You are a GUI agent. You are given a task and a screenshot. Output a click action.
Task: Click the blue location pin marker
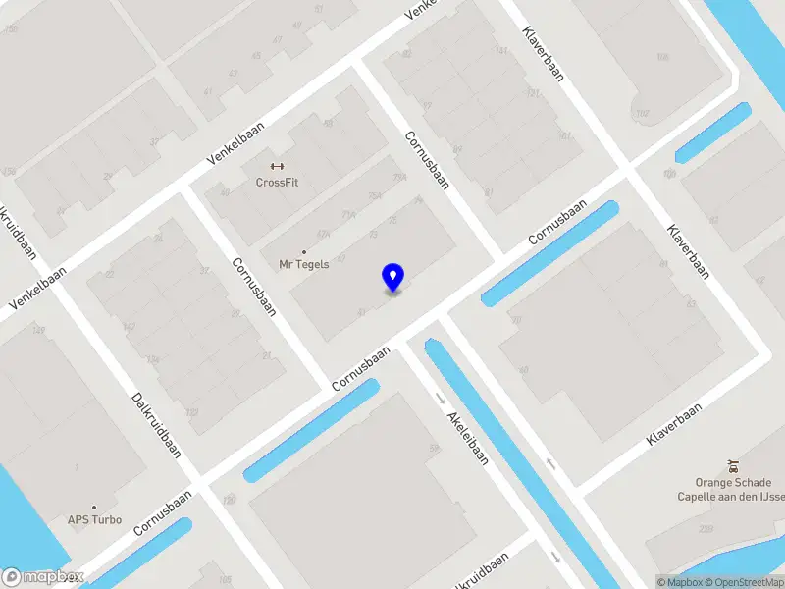pyautogui.click(x=392, y=277)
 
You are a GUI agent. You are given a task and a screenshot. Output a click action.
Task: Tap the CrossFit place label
pyautogui.click(x=276, y=182)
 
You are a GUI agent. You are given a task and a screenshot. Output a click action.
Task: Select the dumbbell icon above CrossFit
pyautogui.click(x=276, y=165)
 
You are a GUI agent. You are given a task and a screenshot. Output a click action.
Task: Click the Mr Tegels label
pyautogui.click(x=304, y=264)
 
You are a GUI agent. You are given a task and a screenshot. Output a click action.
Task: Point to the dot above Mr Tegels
pyautogui.click(x=304, y=251)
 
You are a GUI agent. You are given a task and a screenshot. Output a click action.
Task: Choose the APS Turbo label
pyautogui.click(x=94, y=519)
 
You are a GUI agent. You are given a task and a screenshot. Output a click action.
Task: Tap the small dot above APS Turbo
pyautogui.click(x=94, y=507)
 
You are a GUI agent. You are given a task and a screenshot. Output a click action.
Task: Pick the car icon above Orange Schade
pyautogui.click(x=732, y=465)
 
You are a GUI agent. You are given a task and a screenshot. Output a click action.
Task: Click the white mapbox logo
pyautogui.click(x=41, y=578)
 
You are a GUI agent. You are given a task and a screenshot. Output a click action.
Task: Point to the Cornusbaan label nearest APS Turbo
pyautogui.click(x=163, y=512)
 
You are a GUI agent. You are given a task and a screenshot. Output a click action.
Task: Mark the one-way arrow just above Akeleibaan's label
pyautogui.click(x=440, y=399)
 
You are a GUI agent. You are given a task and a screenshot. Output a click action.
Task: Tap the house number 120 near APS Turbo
pyautogui.click(x=230, y=501)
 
